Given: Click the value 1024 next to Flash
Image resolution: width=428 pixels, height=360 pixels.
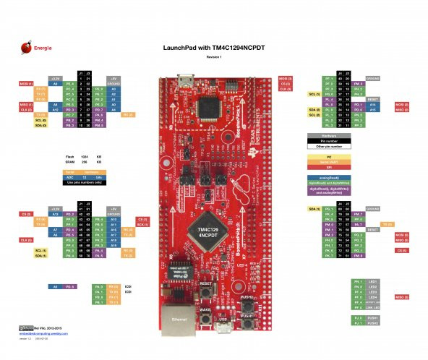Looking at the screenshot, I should (x=85, y=155).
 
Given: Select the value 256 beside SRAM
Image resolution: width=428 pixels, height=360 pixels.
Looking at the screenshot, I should (x=85, y=162).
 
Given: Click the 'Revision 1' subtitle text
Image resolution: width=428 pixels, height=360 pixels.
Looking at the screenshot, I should (x=213, y=56).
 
